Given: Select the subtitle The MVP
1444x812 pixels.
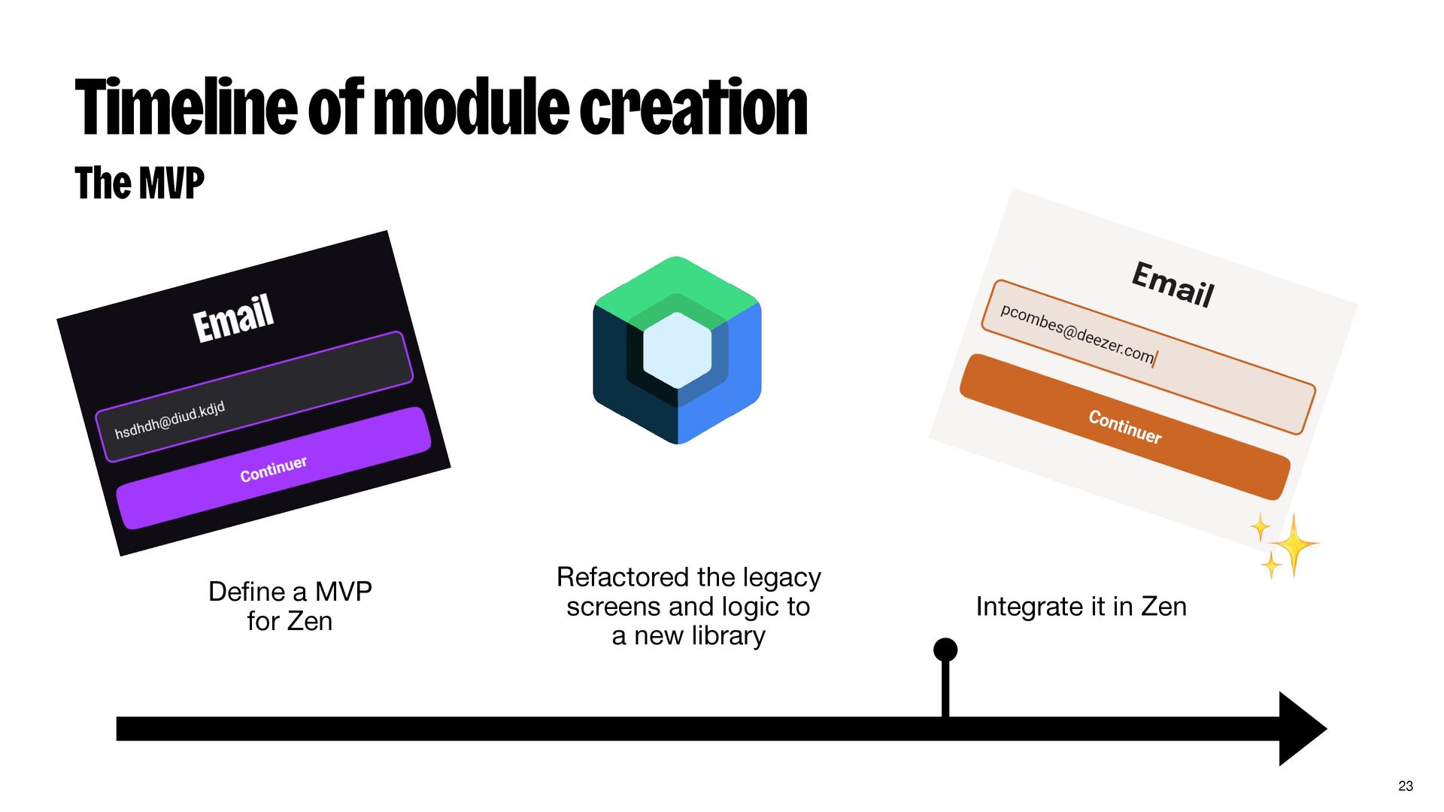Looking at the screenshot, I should (140, 183).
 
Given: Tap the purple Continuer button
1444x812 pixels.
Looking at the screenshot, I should (274, 468).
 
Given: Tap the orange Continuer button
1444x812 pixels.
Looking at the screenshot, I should (1125, 426).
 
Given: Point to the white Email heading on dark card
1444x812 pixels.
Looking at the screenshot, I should (233, 318).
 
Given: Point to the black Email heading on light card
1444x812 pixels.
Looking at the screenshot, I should (1172, 284).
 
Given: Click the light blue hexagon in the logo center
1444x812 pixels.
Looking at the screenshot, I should (678, 350).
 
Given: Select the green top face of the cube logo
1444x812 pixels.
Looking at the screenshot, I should (677, 282).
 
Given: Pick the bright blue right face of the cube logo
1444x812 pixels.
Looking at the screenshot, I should (733, 376).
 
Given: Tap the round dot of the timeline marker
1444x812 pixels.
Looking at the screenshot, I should (945, 650).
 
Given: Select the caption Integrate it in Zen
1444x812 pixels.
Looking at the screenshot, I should (1081, 607).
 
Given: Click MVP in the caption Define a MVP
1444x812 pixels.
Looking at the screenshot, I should (343, 592).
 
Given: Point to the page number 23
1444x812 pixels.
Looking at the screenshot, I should (1406, 786).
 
